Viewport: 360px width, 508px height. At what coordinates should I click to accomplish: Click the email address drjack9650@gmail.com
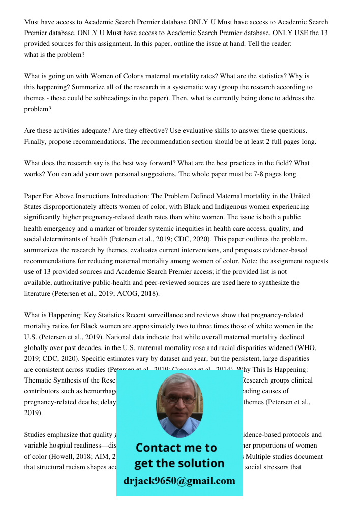[x=179, y=481]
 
